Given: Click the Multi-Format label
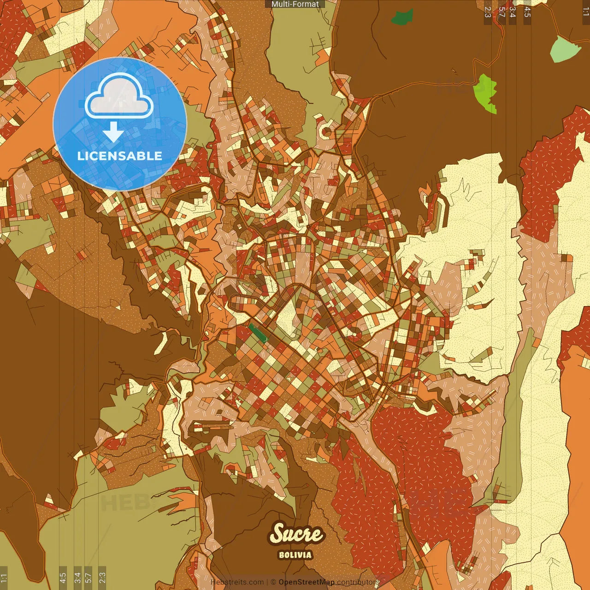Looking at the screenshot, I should pyautogui.click(x=295, y=4).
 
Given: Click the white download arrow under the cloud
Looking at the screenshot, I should pyautogui.click(x=113, y=133).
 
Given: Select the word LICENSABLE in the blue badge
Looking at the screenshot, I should pyautogui.click(x=120, y=156).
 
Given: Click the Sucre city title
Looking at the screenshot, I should pyautogui.click(x=296, y=534).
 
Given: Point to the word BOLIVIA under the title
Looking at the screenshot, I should pyautogui.click(x=295, y=555).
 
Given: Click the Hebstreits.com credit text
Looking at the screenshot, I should pyautogui.click(x=237, y=582).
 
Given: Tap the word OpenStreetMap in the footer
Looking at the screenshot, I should pyautogui.click(x=306, y=582).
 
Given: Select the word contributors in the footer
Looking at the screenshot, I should pyautogui.click(x=358, y=582).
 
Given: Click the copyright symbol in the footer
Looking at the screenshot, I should pyautogui.click(x=273, y=582).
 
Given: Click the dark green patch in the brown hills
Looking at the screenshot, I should pyautogui.click(x=402, y=17).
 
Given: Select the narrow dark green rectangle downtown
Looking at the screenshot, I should pyautogui.click(x=258, y=332).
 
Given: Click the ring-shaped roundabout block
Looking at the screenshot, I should pyautogui.click(x=326, y=132).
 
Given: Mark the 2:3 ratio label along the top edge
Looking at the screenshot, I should pyautogui.click(x=488, y=12).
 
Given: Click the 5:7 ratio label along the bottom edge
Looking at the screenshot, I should pyautogui.click(x=88, y=578).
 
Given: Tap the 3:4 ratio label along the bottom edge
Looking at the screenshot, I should pyautogui.click(x=77, y=578).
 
